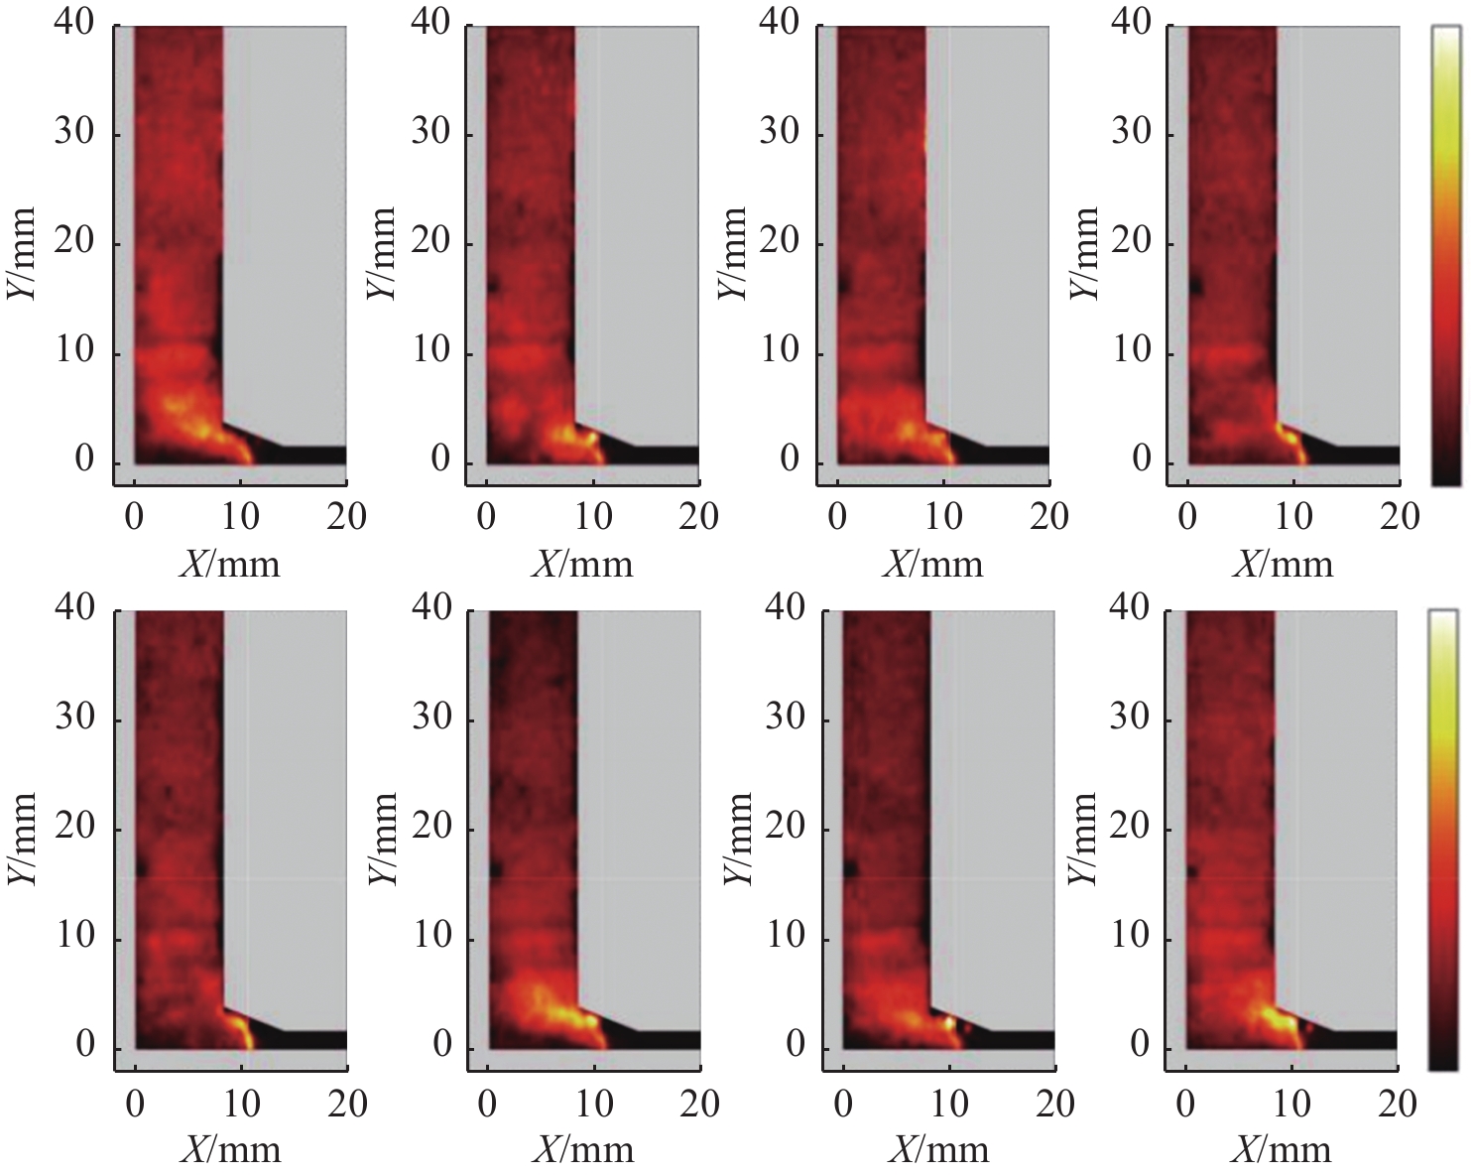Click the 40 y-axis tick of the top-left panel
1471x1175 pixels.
point(74,23)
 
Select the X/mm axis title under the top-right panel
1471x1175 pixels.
point(1283,565)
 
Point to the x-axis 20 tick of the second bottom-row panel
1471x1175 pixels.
point(699,1104)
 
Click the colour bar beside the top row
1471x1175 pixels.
point(1446,255)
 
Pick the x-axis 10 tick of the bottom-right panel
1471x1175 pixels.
point(1291,1104)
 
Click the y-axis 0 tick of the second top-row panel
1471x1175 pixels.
point(441,459)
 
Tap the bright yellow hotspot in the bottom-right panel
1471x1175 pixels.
point(1276,1018)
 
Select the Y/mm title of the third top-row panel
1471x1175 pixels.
point(731,254)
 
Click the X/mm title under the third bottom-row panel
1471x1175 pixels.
point(938,1150)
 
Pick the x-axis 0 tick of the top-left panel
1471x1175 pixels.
point(134,517)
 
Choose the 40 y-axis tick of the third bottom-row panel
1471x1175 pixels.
point(785,607)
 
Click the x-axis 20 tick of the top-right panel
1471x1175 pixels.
point(1399,517)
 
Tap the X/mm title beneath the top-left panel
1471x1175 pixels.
point(230,565)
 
